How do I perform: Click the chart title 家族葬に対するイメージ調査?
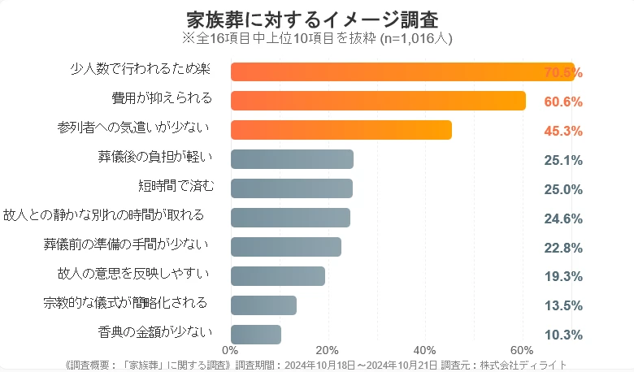318,18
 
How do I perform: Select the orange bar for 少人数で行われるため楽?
402,71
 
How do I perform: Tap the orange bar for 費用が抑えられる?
378,101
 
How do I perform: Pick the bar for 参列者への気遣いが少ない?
341,130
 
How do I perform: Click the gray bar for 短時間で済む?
292,188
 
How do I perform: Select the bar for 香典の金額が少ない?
256,335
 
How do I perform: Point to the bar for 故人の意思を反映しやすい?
278,276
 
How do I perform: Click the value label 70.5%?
563,73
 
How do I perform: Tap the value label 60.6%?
563,102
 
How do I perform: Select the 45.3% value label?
563,132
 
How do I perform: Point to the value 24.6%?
563,218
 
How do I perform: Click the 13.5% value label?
563,306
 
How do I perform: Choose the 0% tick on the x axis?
230,350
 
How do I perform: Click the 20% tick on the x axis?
328,350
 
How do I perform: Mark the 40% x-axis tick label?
425,350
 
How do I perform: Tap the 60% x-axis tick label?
523,350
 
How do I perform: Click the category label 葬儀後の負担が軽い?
154,157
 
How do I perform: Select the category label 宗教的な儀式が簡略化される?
125,303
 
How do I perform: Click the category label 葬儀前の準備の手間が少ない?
125,244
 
